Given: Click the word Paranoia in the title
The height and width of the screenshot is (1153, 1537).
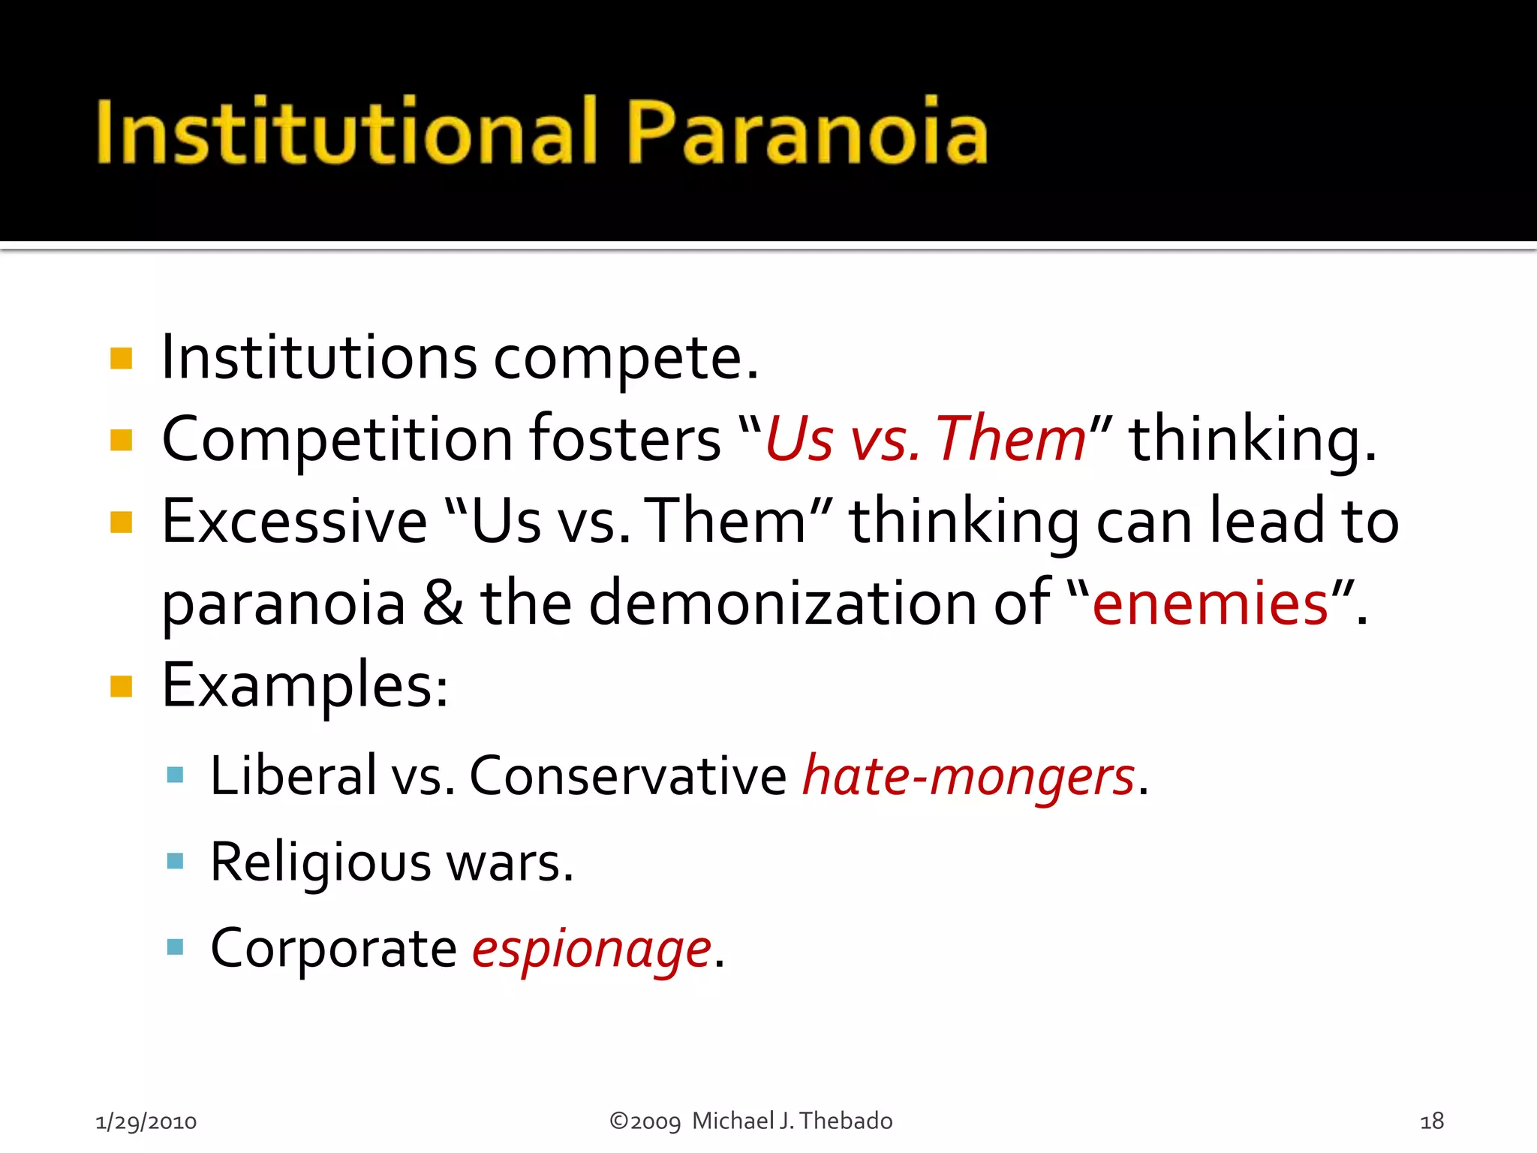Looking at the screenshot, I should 807,132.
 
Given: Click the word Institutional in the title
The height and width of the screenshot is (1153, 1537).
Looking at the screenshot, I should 347,132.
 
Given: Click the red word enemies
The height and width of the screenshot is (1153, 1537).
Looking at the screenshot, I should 1210,604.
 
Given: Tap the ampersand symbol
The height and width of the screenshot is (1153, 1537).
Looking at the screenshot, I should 443,604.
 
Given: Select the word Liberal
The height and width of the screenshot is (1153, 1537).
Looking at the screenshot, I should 293,776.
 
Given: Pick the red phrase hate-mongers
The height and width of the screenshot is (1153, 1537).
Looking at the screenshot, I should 968,776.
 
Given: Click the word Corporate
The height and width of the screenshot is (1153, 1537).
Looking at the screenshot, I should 333,949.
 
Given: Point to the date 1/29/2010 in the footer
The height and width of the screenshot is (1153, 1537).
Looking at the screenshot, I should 146,1121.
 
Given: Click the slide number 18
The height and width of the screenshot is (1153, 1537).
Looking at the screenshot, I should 1432,1121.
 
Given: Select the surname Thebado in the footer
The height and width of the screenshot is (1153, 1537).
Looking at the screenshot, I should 846,1121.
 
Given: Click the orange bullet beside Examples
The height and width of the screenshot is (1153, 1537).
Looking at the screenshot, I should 121,686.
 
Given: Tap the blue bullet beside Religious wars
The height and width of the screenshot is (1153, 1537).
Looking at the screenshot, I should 175,860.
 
